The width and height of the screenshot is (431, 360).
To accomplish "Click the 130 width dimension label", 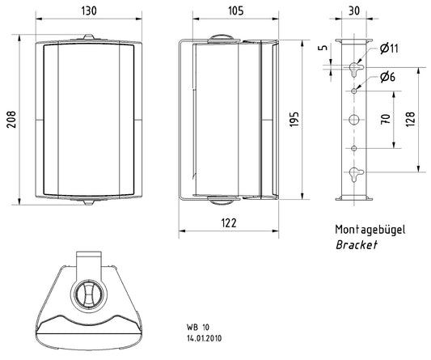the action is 89,11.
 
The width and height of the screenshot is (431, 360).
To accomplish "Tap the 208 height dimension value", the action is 11,120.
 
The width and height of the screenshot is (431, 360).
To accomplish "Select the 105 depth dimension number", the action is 235,11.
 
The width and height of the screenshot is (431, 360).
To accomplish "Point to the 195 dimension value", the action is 294,119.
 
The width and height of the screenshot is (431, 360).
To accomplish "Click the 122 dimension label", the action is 229,222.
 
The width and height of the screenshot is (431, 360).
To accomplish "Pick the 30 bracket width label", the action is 354,11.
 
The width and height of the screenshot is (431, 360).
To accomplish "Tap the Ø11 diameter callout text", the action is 389,49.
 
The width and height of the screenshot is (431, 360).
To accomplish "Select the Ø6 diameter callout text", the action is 388,77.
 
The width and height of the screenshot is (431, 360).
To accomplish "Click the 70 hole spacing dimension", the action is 386,119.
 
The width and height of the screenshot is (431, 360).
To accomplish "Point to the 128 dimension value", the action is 410,119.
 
